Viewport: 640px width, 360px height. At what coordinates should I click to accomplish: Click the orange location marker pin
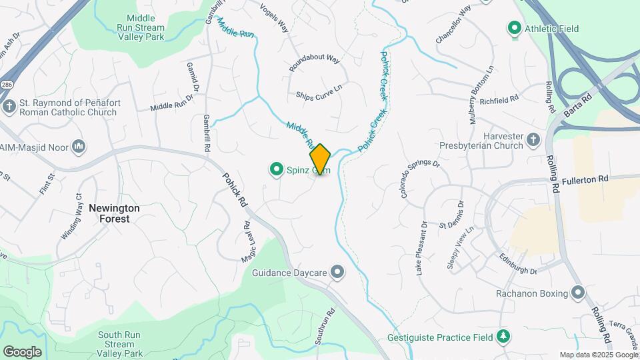320,159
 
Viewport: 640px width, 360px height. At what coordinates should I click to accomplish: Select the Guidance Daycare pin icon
338,271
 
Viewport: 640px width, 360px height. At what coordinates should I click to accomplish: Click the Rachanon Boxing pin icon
578,293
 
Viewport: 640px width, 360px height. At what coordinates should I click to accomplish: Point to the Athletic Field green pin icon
514,29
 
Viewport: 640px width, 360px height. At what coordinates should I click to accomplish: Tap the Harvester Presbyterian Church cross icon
533,139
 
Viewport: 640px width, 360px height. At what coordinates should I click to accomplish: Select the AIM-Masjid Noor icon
79,146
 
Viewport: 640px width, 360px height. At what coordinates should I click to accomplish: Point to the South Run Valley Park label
120,344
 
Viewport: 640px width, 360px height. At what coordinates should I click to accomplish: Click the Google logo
22,351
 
